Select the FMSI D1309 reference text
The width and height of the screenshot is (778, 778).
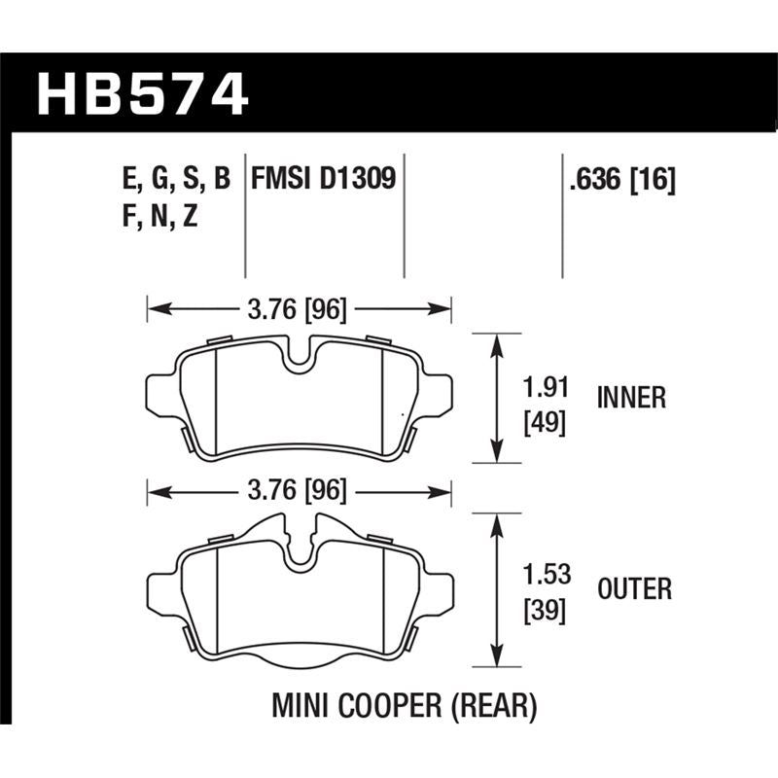323,179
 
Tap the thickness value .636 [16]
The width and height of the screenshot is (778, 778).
619,180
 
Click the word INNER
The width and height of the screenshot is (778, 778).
631,398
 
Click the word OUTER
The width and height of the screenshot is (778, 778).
633,588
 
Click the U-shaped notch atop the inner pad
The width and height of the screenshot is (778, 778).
300,356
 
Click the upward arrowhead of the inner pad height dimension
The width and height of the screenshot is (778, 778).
498,341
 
